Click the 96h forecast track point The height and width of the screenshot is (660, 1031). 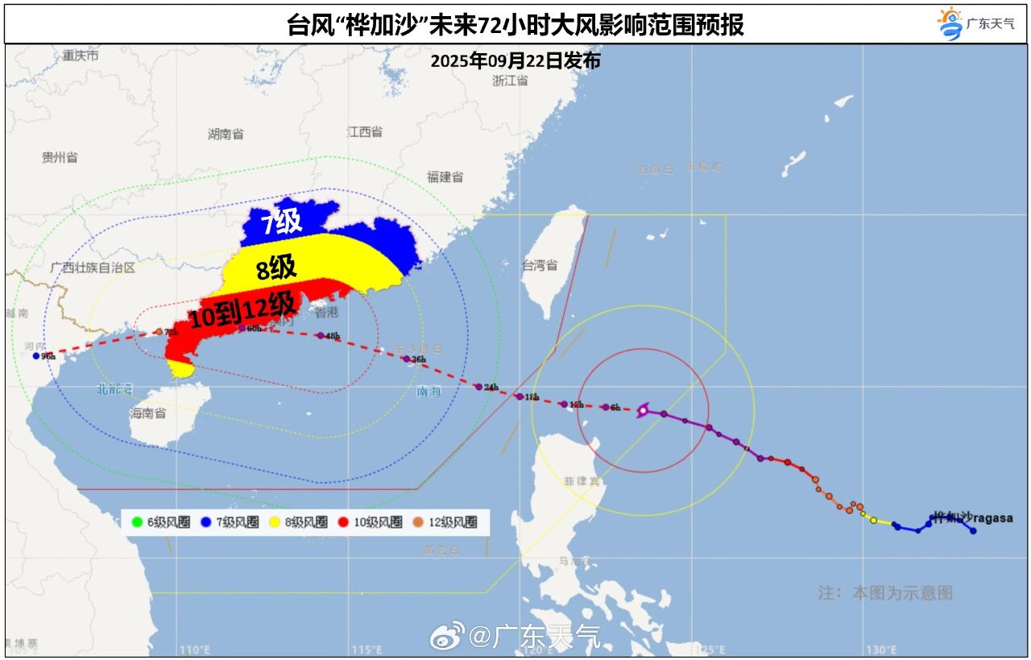tap(36, 355)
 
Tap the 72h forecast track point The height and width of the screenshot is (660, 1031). tap(158, 332)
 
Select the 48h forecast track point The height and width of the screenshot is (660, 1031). tap(320, 335)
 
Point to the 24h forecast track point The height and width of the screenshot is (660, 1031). tap(478, 387)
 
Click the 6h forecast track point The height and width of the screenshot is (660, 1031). tap(605, 407)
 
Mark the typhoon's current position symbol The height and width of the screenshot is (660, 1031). tap(643, 411)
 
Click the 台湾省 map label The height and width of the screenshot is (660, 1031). tap(540, 264)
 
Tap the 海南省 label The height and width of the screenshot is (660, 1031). tap(147, 413)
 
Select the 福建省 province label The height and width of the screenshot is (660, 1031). tap(445, 176)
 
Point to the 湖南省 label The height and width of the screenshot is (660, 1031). tap(226, 134)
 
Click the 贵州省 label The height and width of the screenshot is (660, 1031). tap(60, 157)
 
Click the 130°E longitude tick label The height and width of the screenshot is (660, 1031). tap(882, 650)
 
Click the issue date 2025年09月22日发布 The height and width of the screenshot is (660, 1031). tap(515, 60)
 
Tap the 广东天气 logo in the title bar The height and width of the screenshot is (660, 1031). tap(977, 23)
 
